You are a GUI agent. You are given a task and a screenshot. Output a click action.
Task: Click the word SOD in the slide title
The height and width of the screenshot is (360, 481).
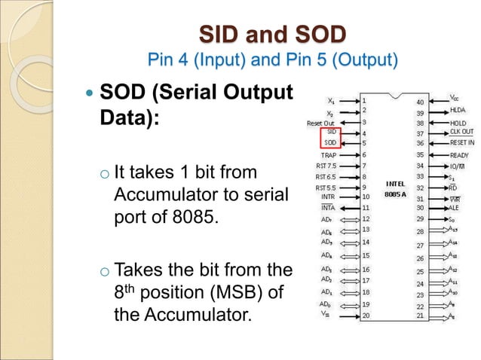coord(317,34)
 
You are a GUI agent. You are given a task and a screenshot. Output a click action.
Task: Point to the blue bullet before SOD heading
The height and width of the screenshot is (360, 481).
coord(90,96)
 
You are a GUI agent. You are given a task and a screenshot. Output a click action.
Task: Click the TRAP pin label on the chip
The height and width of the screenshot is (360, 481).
coord(329,154)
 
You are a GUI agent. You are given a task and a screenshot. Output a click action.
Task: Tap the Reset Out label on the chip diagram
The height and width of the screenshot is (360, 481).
coord(321,121)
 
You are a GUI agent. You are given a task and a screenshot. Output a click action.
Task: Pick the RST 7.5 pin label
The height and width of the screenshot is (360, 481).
coord(326,166)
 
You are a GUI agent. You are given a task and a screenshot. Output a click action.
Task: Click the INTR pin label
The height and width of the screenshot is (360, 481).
coord(327,197)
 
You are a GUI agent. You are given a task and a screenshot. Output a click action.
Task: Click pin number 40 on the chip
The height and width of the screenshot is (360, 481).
coord(420,101)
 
